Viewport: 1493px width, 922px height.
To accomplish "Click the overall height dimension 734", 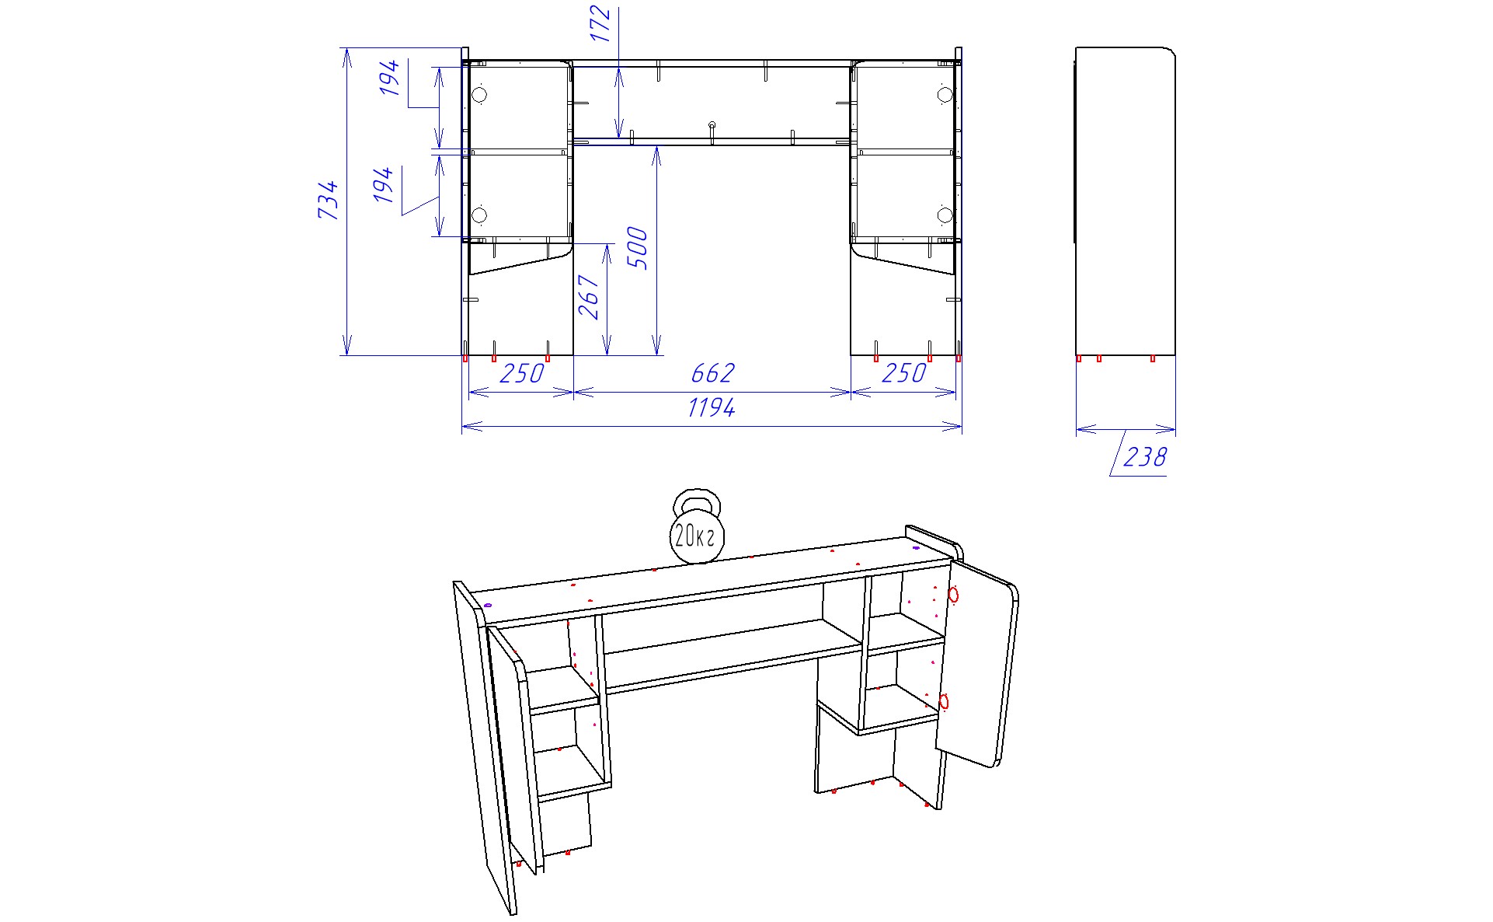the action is (x=329, y=200).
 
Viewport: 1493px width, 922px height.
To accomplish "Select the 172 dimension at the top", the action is (x=600, y=24).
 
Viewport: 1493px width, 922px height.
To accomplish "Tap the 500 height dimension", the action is (x=637, y=248).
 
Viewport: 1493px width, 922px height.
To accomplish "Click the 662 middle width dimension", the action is (x=712, y=373).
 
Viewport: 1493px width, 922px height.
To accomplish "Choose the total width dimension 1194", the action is (x=712, y=407).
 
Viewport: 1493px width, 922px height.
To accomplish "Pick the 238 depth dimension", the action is (x=1144, y=456).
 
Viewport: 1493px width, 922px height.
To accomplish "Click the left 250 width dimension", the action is (x=521, y=374).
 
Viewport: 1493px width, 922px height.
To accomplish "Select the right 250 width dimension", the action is (x=904, y=373).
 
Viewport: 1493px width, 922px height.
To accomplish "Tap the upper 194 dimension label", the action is (x=390, y=78).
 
